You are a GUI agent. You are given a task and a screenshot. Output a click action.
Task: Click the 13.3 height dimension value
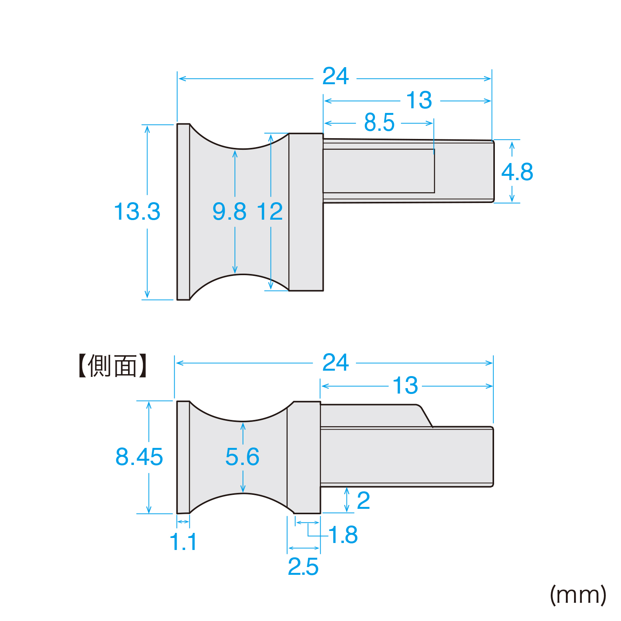[x=137, y=212]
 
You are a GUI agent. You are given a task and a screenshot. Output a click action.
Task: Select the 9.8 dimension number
[x=229, y=212]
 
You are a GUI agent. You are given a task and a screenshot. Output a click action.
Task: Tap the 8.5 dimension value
[x=379, y=123]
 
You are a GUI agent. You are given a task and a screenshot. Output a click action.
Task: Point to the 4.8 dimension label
[x=517, y=172]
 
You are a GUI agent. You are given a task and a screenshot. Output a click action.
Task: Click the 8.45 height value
[x=139, y=457]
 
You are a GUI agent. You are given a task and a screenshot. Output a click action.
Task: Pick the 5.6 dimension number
[x=242, y=457]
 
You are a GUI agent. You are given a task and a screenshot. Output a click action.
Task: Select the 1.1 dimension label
[x=183, y=542]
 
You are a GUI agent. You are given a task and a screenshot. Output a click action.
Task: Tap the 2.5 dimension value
[x=303, y=567]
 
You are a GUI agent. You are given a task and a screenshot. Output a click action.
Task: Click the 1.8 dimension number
[x=343, y=535]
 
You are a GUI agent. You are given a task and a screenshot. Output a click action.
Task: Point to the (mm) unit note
[x=578, y=595]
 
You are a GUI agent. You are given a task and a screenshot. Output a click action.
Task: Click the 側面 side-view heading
[x=112, y=366]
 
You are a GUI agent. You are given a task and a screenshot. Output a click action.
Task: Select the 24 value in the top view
[x=335, y=76]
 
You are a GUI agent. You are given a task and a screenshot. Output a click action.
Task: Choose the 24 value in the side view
[x=335, y=363]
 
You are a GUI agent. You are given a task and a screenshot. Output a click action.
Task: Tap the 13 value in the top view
[x=419, y=101]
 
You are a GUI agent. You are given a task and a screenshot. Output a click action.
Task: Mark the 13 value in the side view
[x=405, y=385]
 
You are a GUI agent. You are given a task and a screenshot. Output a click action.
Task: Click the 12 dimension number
[x=270, y=212]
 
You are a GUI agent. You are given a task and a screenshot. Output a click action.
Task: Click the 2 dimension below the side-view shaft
[x=363, y=501]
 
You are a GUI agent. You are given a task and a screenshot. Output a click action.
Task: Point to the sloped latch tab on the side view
[x=425, y=416]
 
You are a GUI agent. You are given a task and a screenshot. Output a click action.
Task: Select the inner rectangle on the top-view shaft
[x=378, y=171]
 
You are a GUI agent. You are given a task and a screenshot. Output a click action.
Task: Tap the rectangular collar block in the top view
[x=306, y=212]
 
